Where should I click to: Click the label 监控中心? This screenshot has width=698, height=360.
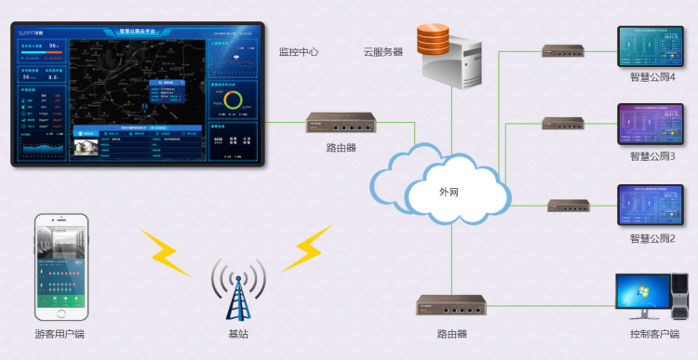(x=299, y=52)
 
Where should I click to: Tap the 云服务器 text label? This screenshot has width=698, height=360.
(x=383, y=52)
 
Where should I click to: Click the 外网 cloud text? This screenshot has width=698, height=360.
(x=449, y=192)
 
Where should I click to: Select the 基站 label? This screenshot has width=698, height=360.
(x=238, y=334)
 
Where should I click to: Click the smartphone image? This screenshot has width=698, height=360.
(x=61, y=264)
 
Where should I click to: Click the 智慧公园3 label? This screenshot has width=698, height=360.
(x=652, y=156)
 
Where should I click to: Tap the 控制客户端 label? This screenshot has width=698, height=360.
(x=654, y=334)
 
